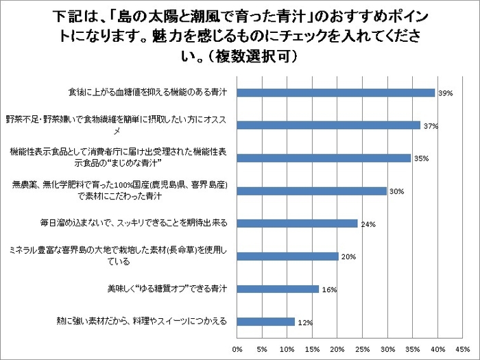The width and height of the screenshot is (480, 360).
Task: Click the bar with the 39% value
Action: [x=336, y=93]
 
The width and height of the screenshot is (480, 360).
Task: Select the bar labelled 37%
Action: [x=329, y=125]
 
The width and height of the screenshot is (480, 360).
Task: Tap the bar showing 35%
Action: [x=324, y=158]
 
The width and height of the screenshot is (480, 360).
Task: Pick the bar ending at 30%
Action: [x=312, y=191]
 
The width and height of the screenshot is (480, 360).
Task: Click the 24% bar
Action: [x=298, y=223]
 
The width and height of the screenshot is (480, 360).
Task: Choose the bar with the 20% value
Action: [x=288, y=256]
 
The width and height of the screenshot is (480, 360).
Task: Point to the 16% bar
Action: [x=278, y=289]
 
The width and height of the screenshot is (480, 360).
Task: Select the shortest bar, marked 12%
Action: [x=267, y=321]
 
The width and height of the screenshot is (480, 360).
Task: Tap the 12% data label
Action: [x=305, y=322]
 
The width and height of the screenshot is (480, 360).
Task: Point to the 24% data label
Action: [x=367, y=224]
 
